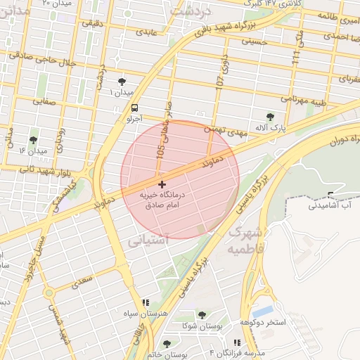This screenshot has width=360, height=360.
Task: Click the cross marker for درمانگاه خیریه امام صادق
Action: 162,184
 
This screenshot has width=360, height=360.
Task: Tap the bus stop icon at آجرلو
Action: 134,108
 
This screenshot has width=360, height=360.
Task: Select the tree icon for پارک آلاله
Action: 271,117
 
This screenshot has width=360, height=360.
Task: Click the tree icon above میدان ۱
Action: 122,82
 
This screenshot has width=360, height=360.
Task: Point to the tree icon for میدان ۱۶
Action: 33,140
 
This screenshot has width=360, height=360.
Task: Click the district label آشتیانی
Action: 148,240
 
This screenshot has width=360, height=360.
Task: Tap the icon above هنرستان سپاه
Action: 146,302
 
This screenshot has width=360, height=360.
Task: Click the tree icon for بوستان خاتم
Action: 167,344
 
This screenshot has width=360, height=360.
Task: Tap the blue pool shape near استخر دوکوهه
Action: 262,310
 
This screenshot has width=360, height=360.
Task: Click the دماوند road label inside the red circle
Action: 212,162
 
